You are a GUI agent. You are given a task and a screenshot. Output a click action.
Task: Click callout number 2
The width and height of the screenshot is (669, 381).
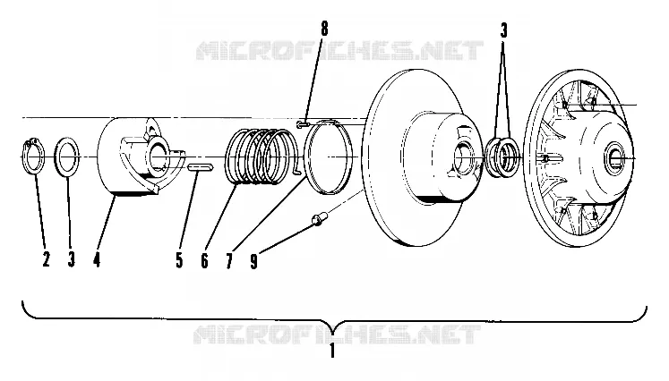[x=46, y=259]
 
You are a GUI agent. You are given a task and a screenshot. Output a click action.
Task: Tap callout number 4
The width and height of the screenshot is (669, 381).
[x=97, y=259]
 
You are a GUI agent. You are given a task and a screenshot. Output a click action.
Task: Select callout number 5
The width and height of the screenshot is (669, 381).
[x=179, y=260]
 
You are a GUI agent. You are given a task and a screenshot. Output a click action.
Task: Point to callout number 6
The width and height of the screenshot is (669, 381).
[x=204, y=260]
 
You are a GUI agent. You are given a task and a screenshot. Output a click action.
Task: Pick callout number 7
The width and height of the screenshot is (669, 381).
[x=229, y=261]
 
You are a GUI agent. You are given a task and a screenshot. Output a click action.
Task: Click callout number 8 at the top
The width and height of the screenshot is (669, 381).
[x=325, y=29]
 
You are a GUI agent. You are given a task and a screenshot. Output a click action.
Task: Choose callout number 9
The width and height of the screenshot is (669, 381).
[x=254, y=261]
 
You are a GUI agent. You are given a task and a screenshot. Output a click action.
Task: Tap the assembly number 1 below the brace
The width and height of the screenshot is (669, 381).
[x=332, y=351]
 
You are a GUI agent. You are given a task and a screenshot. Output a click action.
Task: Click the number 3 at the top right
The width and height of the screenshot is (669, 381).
[x=504, y=30]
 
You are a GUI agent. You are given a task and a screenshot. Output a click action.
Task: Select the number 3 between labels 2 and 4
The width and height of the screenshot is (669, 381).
[x=72, y=259]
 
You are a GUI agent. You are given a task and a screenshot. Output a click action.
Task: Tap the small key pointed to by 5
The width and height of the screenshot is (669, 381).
[x=200, y=167]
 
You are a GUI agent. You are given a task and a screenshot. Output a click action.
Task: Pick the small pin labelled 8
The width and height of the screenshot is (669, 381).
[x=303, y=124]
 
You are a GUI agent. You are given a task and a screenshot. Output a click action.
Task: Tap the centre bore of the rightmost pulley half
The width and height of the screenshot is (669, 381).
[x=615, y=158]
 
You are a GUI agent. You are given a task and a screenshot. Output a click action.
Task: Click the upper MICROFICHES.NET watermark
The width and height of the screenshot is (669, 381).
[x=339, y=50]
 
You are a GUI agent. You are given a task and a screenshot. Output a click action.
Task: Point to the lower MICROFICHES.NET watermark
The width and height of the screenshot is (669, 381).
[x=337, y=334]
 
